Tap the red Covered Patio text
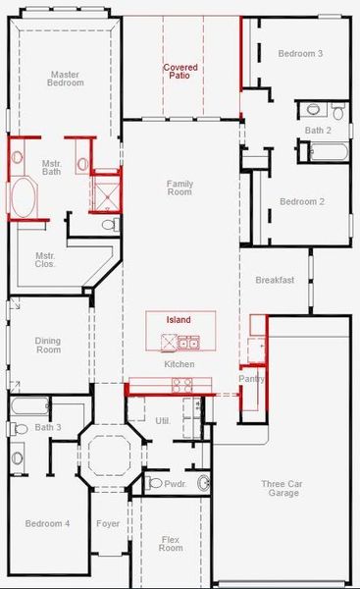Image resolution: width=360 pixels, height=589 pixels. coord(180,71)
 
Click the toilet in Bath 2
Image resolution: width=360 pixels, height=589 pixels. coord(313,110)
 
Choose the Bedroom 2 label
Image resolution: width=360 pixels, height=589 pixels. coord(301,201)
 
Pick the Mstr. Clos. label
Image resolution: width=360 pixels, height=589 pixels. coord(45,259)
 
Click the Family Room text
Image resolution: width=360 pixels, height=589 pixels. coord(180,188)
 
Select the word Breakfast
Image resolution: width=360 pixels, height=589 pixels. coord(275,280)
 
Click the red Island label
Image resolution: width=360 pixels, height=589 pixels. coord(178,320)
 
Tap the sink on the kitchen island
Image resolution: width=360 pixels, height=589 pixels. coord(187,343)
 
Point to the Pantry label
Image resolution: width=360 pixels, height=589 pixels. coord(252,379)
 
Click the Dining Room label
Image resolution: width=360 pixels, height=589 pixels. coord(48,345)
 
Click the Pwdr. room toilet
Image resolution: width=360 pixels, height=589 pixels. coord(155,483)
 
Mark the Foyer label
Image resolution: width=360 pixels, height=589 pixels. coord(107,523)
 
